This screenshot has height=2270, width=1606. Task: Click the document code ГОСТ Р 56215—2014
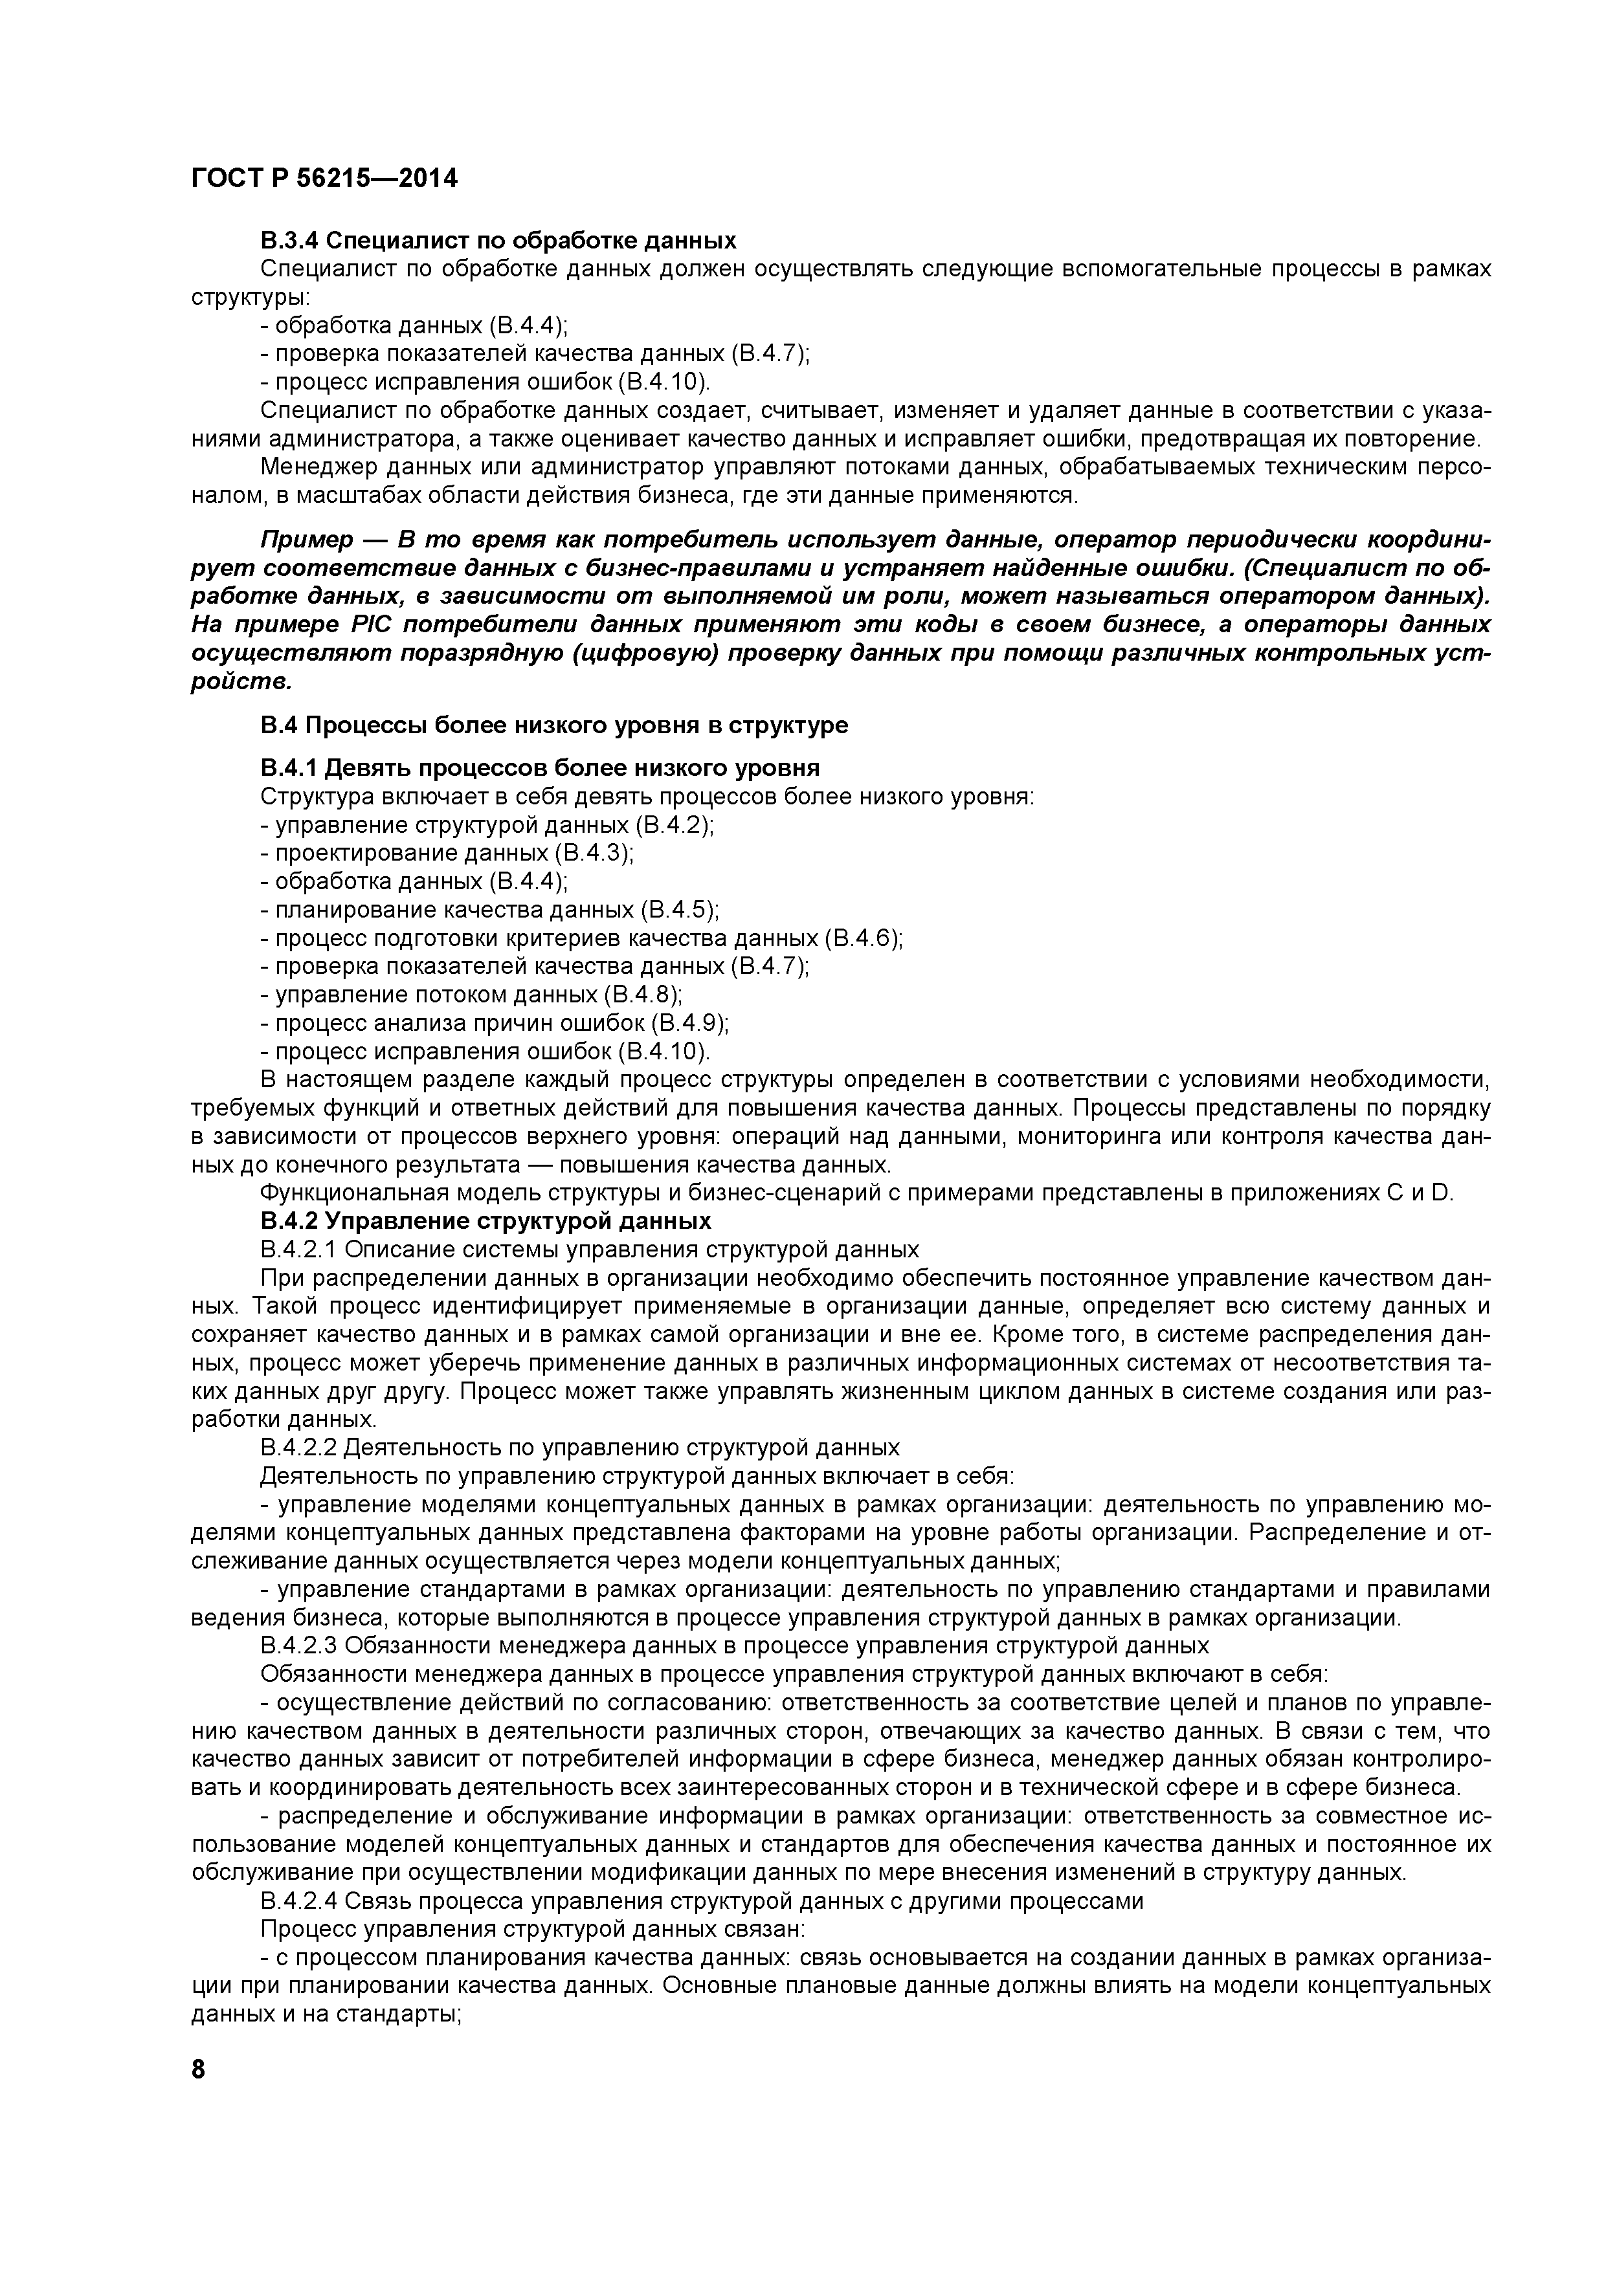pyautogui.click(x=324, y=179)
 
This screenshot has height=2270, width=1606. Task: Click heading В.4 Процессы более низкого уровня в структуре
pyautogui.click(x=554, y=725)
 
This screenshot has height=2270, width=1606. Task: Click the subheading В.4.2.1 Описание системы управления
pyautogui.click(x=590, y=1249)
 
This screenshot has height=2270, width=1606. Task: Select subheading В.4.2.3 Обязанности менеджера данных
pyautogui.click(x=734, y=1645)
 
